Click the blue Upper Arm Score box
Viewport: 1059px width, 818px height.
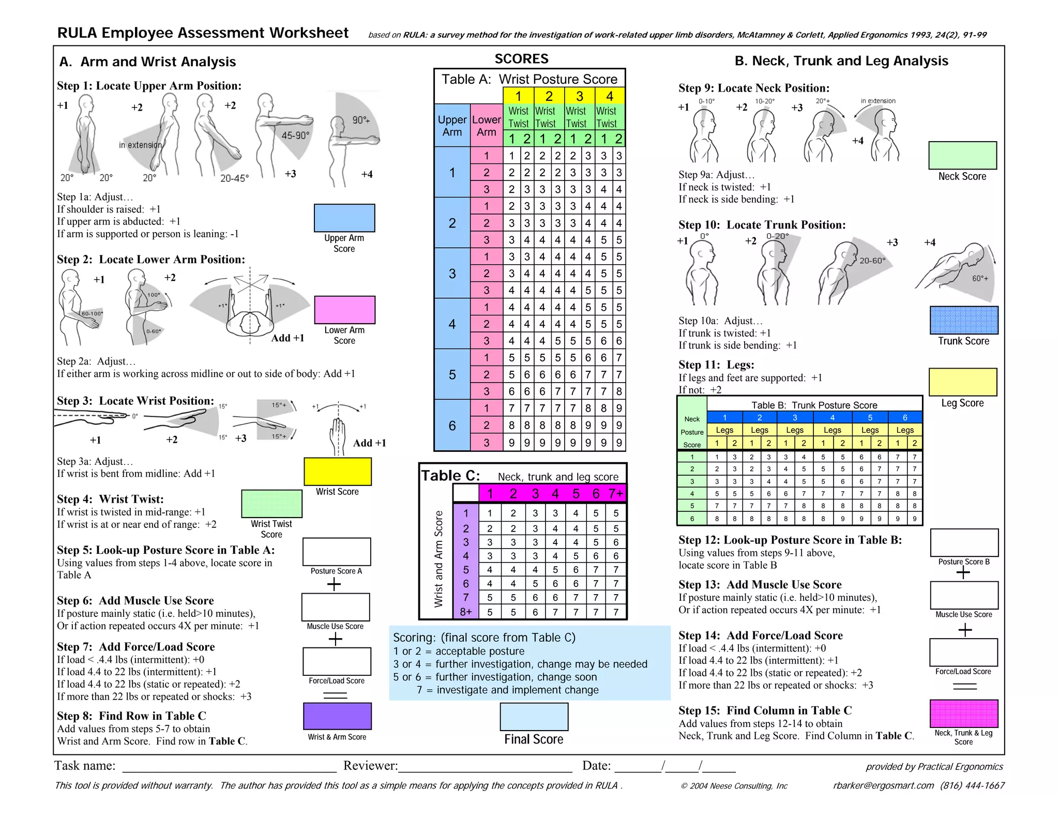point(344,218)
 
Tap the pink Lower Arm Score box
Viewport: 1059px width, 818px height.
point(344,310)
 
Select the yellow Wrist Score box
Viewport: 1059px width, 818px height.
point(337,472)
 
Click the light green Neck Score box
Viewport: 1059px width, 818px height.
point(962,155)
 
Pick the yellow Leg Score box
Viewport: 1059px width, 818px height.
point(962,382)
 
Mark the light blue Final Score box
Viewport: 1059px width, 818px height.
point(534,717)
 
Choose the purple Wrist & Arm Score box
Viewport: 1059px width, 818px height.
point(337,716)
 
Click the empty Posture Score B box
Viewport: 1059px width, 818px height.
point(964,542)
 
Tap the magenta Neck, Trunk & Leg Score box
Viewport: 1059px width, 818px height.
point(964,714)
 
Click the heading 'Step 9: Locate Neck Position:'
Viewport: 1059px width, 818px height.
point(754,88)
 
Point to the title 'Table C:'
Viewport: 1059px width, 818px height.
point(450,476)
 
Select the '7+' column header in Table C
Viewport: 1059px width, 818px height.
point(615,494)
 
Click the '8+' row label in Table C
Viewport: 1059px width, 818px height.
point(466,612)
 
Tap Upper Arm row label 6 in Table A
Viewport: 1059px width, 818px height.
point(452,426)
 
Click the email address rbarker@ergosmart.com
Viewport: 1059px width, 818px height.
point(883,786)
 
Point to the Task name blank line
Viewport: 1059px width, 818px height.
point(229,767)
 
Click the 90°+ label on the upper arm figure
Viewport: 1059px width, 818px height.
point(361,120)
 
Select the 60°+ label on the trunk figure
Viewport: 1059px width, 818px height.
point(980,279)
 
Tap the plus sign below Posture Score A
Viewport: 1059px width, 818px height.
point(335,584)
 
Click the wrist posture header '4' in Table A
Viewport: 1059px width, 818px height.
point(610,96)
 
